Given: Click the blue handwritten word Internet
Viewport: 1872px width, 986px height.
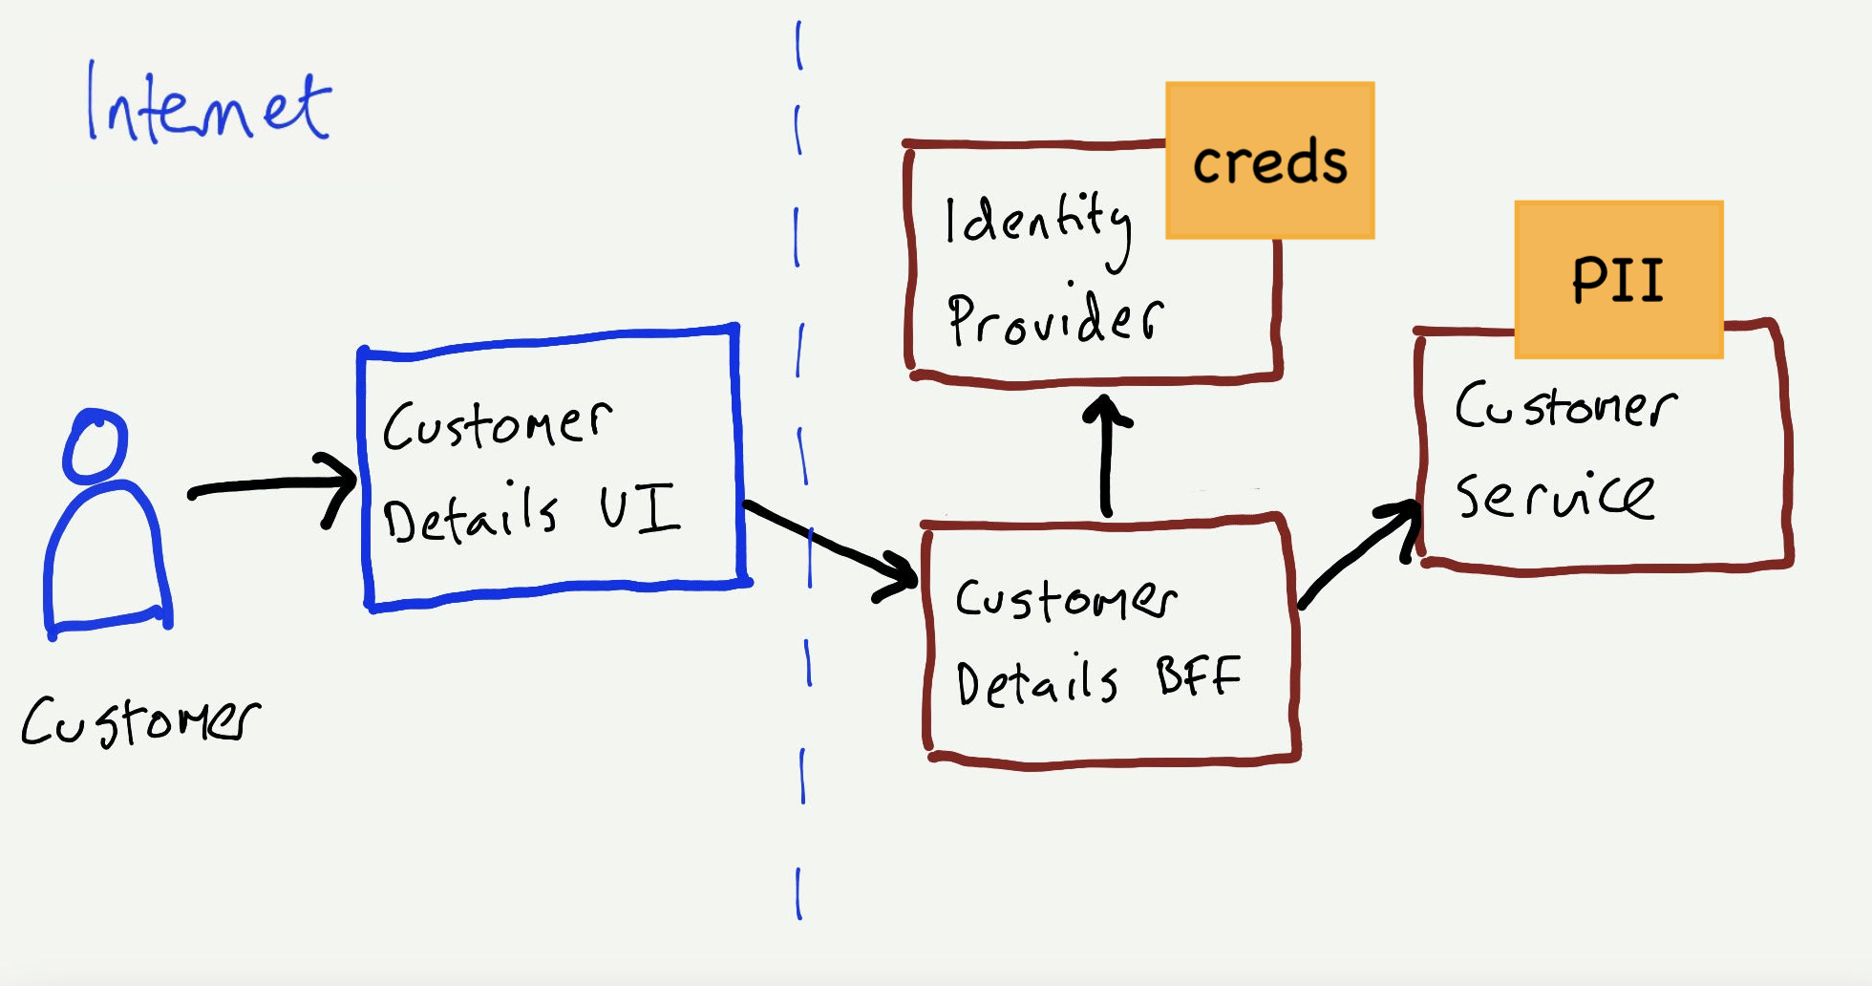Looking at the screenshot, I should (208, 107).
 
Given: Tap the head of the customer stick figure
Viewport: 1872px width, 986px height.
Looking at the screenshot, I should (95, 446).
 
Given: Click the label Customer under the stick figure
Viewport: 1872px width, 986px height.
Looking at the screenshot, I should (139, 721).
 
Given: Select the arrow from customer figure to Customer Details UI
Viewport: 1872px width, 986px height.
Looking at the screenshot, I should (272, 487).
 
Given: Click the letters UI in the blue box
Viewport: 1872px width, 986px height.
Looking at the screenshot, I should (639, 508).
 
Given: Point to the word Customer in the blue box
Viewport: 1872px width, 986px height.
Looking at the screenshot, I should (497, 424).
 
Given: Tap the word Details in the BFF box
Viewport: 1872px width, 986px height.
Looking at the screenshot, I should (1036, 682).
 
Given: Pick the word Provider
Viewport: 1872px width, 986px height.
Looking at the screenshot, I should (1054, 318).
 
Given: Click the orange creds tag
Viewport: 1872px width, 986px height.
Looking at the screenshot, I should (1269, 161).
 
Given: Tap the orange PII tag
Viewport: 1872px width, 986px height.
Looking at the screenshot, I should (1618, 280).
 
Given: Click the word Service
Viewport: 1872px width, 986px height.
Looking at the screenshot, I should (1554, 495).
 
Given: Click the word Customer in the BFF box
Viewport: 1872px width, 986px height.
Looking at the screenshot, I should (1066, 599).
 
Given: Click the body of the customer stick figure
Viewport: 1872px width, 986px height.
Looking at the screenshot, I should (107, 559).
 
